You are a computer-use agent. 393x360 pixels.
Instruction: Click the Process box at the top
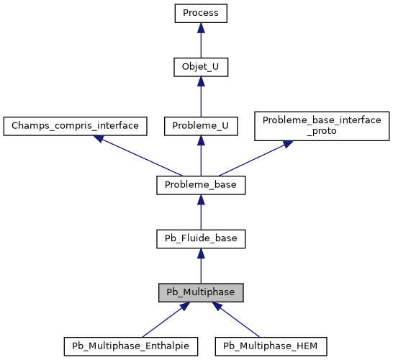[201, 13]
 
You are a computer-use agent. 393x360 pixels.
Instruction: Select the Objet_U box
[201, 67]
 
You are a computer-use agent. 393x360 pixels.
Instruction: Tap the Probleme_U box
[201, 125]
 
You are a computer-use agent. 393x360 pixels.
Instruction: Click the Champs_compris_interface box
[76, 125]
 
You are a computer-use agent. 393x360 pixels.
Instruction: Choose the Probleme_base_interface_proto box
[321, 125]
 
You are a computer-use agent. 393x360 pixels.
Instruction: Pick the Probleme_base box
[201, 185]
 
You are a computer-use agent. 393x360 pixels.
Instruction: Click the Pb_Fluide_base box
[201, 238]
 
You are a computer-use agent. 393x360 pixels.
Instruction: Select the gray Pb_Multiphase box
[201, 292]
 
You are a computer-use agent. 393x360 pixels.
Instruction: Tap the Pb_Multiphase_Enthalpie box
[130, 346]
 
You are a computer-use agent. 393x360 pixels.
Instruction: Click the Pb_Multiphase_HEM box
[271, 346]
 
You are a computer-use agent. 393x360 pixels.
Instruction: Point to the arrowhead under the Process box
[201, 27]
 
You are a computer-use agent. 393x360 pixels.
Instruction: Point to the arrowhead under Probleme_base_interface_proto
[287, 144]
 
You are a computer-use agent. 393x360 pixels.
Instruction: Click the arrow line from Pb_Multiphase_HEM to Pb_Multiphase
[238, 320]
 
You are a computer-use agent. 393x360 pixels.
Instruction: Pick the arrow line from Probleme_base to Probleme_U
[201, 158]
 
